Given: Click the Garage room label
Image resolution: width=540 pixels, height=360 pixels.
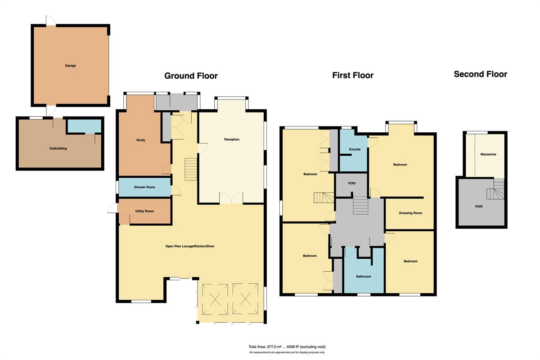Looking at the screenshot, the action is pyautogui.click(x=70, y=66).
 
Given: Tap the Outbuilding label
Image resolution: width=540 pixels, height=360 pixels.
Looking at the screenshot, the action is pyautogui.click(x=58, y=148).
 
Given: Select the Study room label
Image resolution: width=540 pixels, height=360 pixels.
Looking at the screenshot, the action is pyautogui.click(x=141, y=140).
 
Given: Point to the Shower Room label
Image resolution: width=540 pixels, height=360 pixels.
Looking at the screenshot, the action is pyautogui.click(x=144, y=187).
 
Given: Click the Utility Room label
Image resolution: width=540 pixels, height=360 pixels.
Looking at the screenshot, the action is pyautogui.click(x=144, y=211).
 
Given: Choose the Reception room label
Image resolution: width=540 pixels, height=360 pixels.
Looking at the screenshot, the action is pyautogui.click(x=232, y=139).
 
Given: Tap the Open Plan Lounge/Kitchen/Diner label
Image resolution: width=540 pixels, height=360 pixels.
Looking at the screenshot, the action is pyautogui.click(x=190, y=246).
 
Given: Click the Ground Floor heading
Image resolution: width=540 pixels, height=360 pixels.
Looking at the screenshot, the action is pyautogui.click(x=191, y=76).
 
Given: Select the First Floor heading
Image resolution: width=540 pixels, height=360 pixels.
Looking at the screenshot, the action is pyautogui.click(x=353, y=75).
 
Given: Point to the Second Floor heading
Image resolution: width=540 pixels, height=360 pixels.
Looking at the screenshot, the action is pyautogui.click(x=481, y=74).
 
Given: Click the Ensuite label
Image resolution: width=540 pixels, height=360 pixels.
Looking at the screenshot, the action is pyautogui.click(x=355, y=149).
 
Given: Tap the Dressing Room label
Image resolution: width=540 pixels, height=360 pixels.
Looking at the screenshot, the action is pyautogui.click(x=410, y=213).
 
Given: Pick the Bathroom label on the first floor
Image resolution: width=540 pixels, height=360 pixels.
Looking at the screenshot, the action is pyautogui.click(x=364, y=276).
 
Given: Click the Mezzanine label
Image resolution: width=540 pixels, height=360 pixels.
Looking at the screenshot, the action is pyautogui.click(x=488, y=154).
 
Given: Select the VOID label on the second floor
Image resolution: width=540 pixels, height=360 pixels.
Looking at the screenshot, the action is pyautogui.click(x=478, y=207).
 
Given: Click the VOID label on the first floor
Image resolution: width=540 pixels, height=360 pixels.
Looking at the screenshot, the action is pyautogui.click(x=351, y=183).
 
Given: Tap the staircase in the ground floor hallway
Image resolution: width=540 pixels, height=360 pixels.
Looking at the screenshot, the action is pyautogui.click(x=191, y=169).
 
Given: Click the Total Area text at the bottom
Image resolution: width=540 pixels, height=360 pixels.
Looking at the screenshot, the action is pyautogui.click(x=287, y=347).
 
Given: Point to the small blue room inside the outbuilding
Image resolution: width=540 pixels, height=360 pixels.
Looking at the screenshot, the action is pyautogui.click(x=84, y=126).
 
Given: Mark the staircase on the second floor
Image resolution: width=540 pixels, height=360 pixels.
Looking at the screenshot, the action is pyautogui.click(x=495, y=189).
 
